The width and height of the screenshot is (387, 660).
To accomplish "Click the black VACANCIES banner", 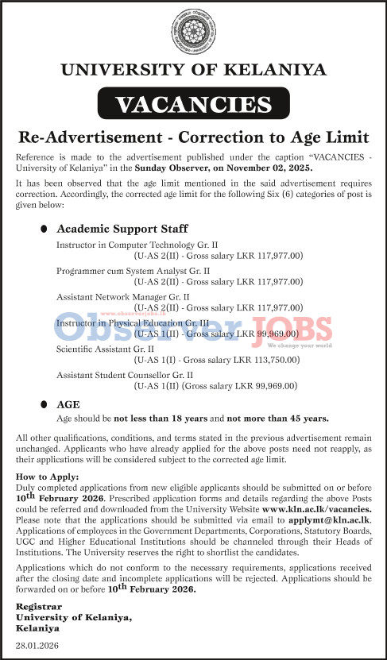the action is coord(193,104).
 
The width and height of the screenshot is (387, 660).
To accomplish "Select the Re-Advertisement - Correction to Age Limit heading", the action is coord(193,133).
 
